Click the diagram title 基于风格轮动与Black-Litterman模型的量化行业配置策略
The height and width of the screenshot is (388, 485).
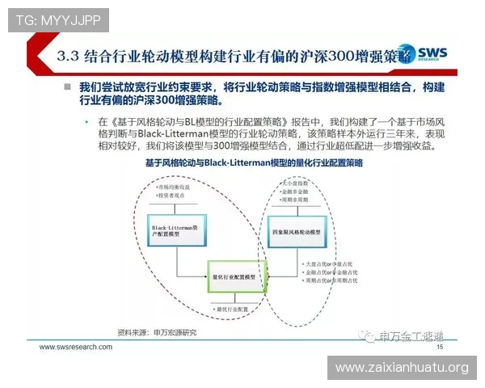coord(253,163)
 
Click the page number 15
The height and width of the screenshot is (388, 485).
coord(440,347)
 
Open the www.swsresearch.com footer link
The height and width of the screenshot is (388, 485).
coord(76,348)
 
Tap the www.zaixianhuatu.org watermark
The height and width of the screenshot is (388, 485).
coord(401,368)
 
